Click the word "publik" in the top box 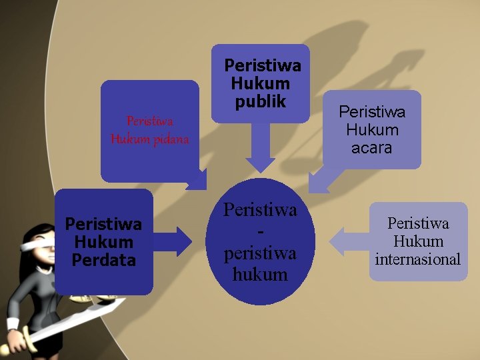coord(260,101)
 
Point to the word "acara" coord(371,147)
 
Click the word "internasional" coord(418,259)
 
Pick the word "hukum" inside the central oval coord(260,274)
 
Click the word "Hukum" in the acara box coord(371,129)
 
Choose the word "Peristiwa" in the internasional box coord(418,223)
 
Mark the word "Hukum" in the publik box coord(260,83)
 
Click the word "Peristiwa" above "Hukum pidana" coord(150,121)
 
